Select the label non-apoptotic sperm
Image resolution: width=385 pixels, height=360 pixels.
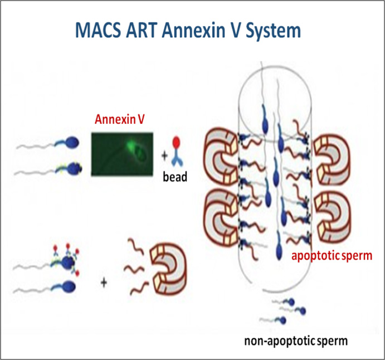288,339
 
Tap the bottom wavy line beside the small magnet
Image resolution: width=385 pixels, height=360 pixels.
135,290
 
